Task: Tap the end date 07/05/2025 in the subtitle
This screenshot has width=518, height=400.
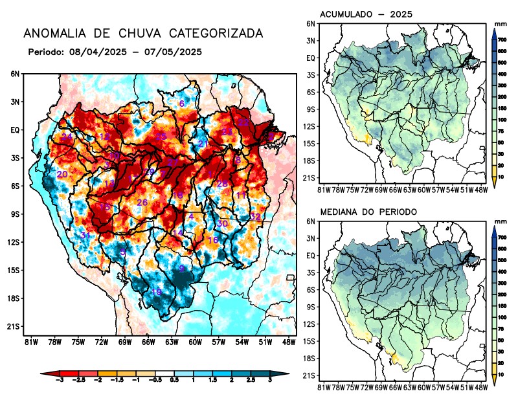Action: tap(170, 51)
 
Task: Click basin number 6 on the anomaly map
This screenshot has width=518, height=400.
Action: tap(182, 104)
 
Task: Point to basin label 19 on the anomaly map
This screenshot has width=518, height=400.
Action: tap(157, 293)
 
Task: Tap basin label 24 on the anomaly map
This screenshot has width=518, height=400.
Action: tap(67, 137)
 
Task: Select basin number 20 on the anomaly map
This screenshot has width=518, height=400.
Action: tap(62, 175)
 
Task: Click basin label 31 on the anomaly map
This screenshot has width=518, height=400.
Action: tap(85, 235)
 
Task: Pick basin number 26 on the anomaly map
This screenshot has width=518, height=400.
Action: tap(142, 203)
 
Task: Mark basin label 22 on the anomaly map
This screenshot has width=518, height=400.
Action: tap(243, 122)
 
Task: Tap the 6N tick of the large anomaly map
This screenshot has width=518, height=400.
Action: tap(15, 74)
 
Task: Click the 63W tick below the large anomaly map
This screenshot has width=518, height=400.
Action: tap(171, 342)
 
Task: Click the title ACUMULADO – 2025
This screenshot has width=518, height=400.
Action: tap(366, 14)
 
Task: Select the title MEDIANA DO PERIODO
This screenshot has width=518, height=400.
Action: tap(368, 212)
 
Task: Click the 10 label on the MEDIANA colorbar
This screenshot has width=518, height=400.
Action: tap(502, 375)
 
